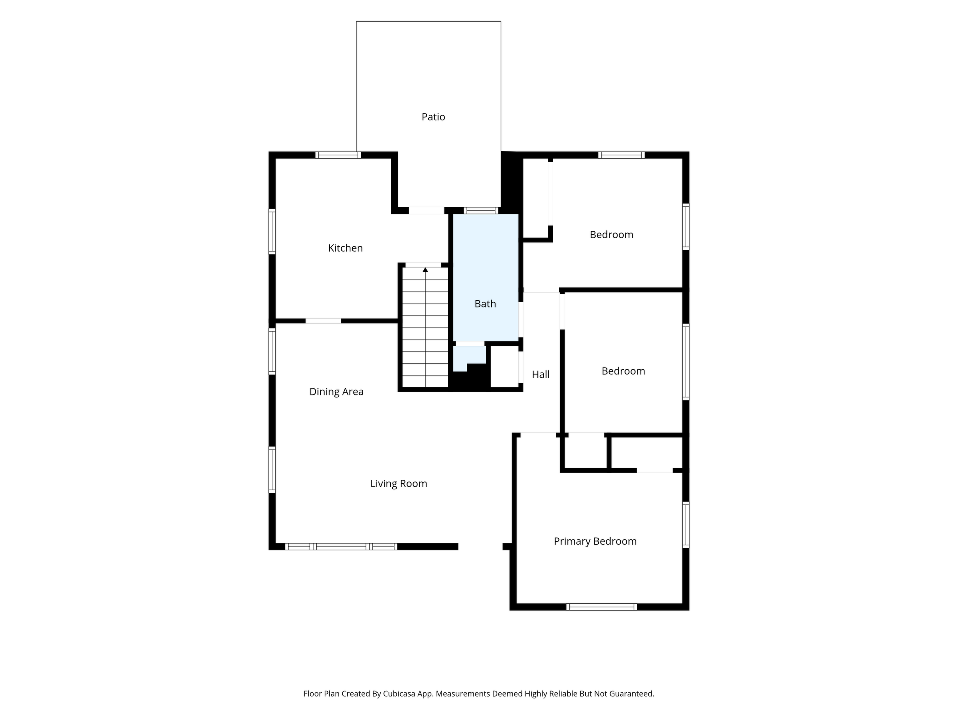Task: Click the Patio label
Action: point(433,117)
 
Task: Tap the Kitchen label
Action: point(345,248)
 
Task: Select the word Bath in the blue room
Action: point(485,304)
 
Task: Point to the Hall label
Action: point(540,374)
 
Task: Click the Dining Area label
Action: point(336,392)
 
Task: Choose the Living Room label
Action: point(398,483)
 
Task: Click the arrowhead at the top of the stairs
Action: point(425,270)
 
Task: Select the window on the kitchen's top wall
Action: point(338,155)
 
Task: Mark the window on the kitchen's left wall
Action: point(272,232)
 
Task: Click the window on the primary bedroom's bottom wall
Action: point(601,607)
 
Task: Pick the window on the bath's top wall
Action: point(481,211)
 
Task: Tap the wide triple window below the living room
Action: point(341,547)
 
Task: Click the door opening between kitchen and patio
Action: point(426,211)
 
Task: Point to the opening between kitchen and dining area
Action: point(324,321)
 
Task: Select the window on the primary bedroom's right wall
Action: point(686,525)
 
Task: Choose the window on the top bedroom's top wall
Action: point(621,155)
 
